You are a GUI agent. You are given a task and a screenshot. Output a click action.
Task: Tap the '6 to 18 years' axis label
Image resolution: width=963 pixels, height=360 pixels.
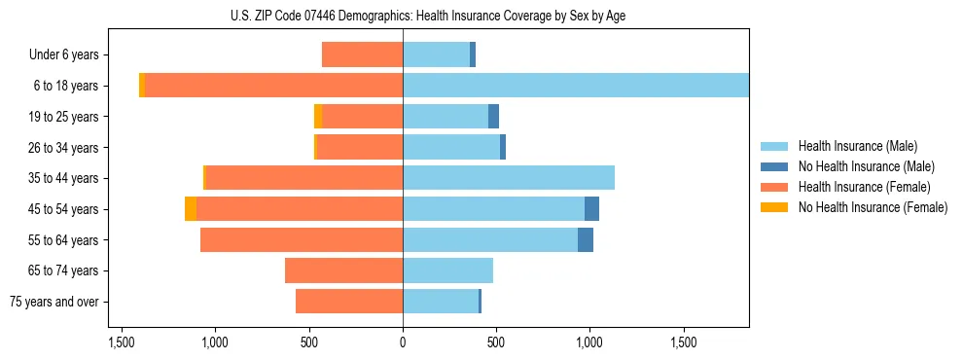[66, 86]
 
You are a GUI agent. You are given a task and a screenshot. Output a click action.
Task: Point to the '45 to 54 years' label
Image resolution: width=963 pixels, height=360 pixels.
[63, 209]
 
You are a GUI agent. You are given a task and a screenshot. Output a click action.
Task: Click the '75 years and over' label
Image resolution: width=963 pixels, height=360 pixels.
[54, 302]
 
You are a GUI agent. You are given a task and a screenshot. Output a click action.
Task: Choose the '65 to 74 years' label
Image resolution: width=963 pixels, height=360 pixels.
[63, 270]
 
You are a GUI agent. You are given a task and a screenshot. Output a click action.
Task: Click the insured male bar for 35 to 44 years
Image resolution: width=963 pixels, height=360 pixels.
[509, 178]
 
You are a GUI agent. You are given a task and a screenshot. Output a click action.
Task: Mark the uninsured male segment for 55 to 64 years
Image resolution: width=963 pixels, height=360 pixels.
[586, 239]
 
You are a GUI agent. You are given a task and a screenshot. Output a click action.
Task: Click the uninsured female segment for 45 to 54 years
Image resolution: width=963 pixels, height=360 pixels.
[191, 209]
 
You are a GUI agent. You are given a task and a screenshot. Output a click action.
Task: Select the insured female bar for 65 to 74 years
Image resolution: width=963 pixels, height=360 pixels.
[343, 270]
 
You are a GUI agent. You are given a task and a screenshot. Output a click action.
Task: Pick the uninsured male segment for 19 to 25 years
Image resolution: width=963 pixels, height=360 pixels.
[493, 117]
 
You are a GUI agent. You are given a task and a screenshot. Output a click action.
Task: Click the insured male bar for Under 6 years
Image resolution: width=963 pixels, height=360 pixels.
[436, 55]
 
